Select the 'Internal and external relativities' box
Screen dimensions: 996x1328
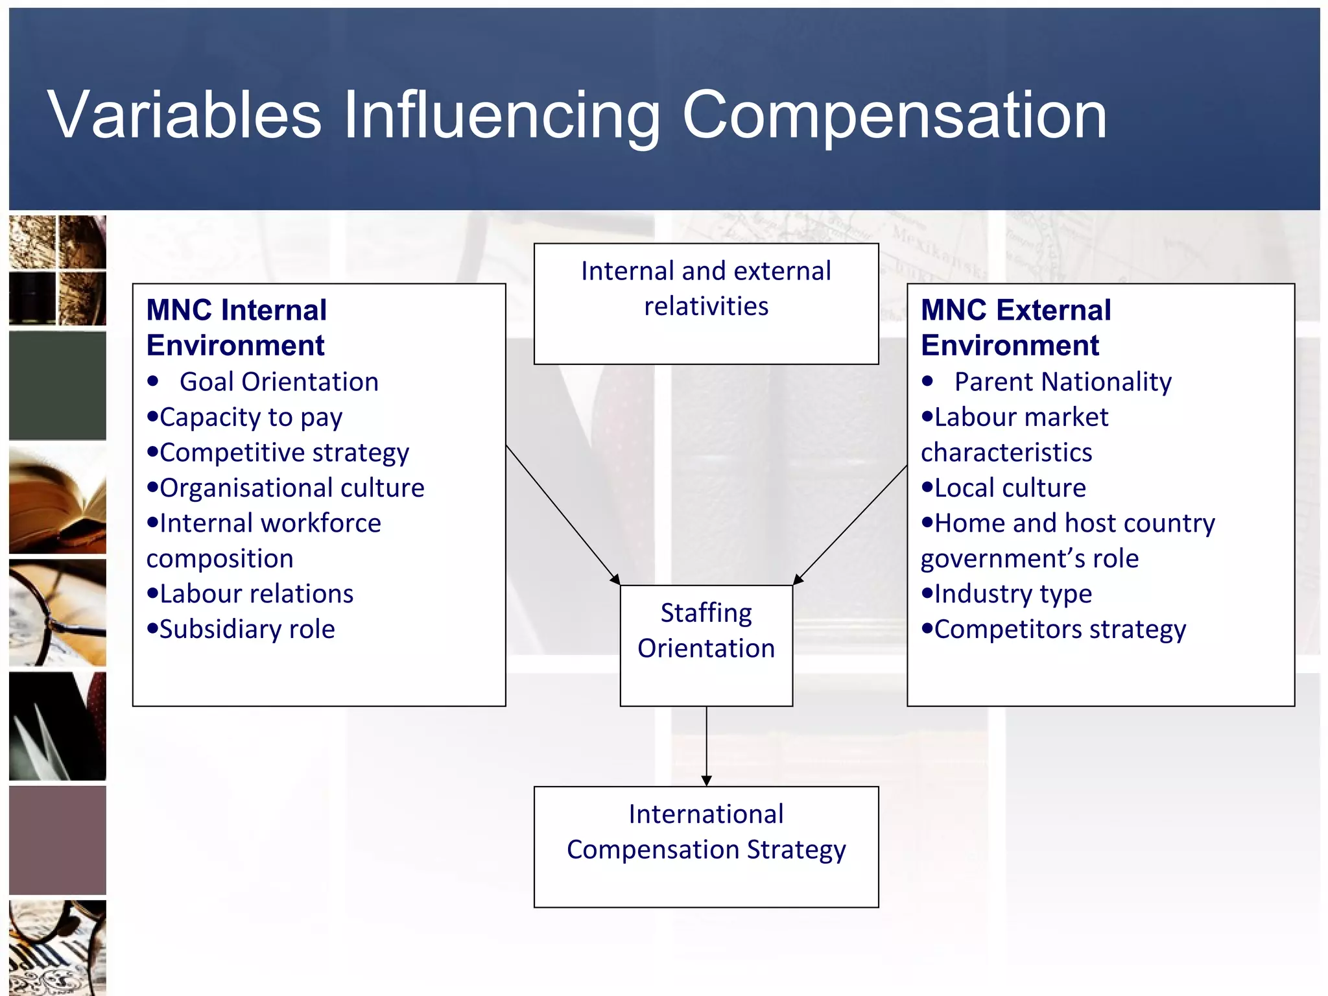point(705,303)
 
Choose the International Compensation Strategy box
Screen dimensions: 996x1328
point(705,846)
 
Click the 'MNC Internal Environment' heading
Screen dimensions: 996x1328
point(237,327)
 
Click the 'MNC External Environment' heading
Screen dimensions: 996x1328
point(1015,327)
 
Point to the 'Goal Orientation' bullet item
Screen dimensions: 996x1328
point(279,382)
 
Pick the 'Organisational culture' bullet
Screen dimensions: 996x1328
point(292,488)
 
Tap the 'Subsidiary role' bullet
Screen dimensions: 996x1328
point(247,629)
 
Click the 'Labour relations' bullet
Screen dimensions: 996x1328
point(256,594)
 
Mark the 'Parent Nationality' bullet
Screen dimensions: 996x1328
point(1062,382)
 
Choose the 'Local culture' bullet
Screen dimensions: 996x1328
point(1010,488)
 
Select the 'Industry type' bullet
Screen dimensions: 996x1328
point(1013,594)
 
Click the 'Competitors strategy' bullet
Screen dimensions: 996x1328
point(1060,630)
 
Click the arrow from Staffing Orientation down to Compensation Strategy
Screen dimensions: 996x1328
point(706,746)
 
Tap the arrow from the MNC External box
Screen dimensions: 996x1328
point(851,524)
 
